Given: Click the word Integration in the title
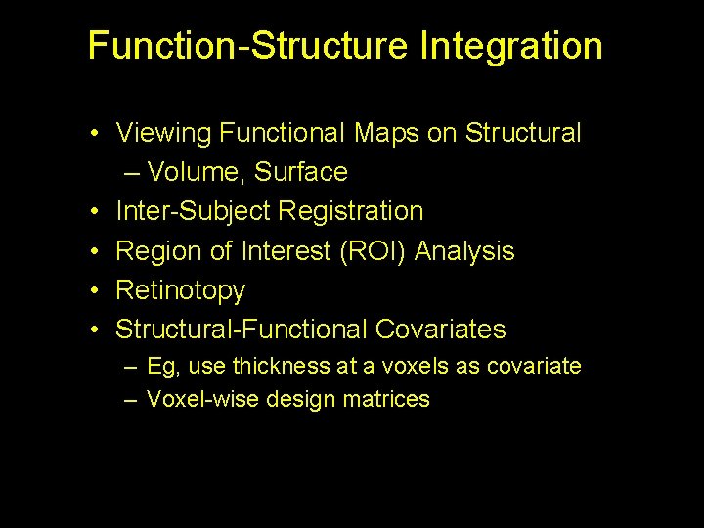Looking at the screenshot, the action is point(511,46).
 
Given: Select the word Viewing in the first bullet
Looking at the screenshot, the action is point(163,133).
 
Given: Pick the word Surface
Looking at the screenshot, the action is point(301,172).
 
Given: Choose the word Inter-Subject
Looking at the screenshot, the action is point(194,211).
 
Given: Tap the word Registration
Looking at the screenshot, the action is point(351,211).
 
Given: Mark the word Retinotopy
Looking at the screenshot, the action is point(180,290).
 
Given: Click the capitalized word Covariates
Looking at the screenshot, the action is point(444,330).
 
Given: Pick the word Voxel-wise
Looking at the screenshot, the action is point(196,399).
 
